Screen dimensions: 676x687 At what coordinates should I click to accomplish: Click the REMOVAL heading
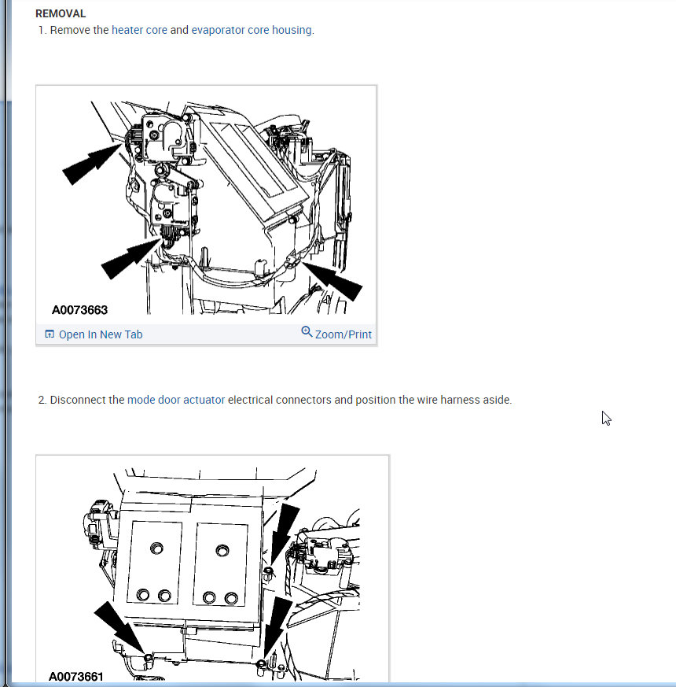[61, 13]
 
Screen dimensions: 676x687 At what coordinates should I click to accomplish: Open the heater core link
[139, 30]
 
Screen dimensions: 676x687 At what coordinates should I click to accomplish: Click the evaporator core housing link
[252, 30]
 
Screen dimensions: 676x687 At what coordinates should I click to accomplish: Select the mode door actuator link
[176, 400]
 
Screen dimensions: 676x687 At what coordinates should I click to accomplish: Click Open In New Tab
[101, 334]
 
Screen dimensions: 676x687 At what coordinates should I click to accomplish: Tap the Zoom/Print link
[343, 334]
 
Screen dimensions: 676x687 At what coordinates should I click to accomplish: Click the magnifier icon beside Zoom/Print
[307, 332]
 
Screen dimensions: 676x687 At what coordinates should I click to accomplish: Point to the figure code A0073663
[79, 310]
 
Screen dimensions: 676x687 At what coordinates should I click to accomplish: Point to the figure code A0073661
[76, 677]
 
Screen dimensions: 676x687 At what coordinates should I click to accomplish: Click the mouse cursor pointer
[605, 419]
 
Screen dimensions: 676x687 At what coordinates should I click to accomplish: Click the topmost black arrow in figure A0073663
[92, 164]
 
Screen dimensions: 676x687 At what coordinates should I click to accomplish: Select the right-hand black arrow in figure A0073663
[332, 281]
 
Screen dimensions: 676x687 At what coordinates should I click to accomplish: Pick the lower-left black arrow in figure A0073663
[131, 258]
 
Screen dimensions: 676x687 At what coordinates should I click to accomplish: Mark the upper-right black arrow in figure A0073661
[285, 534]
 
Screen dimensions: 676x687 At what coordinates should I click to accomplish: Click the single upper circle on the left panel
[156, 548]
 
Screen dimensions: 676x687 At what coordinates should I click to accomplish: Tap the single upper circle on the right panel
[222, 550]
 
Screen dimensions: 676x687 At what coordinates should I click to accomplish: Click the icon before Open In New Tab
[50, 334]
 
